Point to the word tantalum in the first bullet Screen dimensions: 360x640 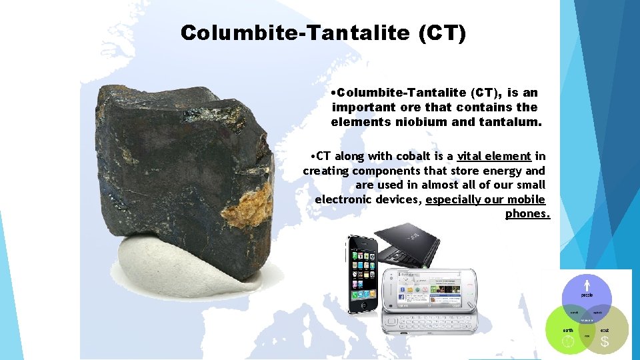pyautogui.click(x=509, y=121)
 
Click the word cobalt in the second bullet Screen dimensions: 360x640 pyautogui.click(x=415, y=156)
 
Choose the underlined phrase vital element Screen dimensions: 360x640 pyautogui.click(x=494, y=156)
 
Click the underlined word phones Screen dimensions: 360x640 pyautogui.click(x=527, y=213)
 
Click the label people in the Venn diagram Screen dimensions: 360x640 pyautogui.click(x=587, y=294)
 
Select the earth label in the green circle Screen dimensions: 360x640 pyautogui.click(x=567, y=330)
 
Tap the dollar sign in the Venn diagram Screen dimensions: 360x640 pyautogui.click(x=605, y=342)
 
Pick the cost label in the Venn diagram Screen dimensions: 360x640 pyautogui.click(x=605, y=330)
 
